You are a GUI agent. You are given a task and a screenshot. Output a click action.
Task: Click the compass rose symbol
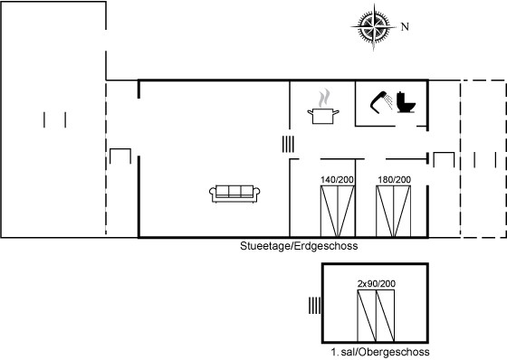coord(374,27)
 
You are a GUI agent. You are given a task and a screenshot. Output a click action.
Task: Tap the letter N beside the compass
coord(405,26)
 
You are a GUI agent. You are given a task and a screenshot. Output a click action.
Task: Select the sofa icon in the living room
coord(234,194)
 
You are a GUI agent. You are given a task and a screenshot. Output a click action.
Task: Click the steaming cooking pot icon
coord(323,107)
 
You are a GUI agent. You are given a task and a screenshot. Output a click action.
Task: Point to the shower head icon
coord(381,102)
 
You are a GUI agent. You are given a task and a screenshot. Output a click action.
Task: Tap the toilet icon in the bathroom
coord(407,102)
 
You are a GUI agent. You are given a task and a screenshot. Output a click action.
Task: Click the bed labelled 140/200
coord(338,211)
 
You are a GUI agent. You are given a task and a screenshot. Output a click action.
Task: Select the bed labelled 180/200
coord(394,211)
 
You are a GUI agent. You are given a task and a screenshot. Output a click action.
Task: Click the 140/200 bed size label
coord(337,180)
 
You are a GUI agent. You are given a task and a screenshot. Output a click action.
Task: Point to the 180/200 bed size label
coord(395,180)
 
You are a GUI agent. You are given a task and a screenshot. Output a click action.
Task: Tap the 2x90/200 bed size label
coord(377,284)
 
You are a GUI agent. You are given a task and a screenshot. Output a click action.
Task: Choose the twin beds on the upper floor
coord(376,316)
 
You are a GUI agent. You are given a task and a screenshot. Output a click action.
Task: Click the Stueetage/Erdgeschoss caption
coord(299,246)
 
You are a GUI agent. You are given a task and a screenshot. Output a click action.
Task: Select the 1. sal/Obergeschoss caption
coord(380,352)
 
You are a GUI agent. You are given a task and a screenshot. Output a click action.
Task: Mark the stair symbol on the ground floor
coord(288,144)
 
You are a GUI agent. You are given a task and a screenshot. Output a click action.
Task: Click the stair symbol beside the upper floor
coord(315,306)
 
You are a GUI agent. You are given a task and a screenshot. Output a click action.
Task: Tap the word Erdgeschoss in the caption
coord(327,246)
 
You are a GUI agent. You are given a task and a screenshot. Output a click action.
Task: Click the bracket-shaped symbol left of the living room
coord(120,149)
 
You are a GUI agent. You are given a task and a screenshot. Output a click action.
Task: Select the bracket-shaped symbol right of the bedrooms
coord(444,153)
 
